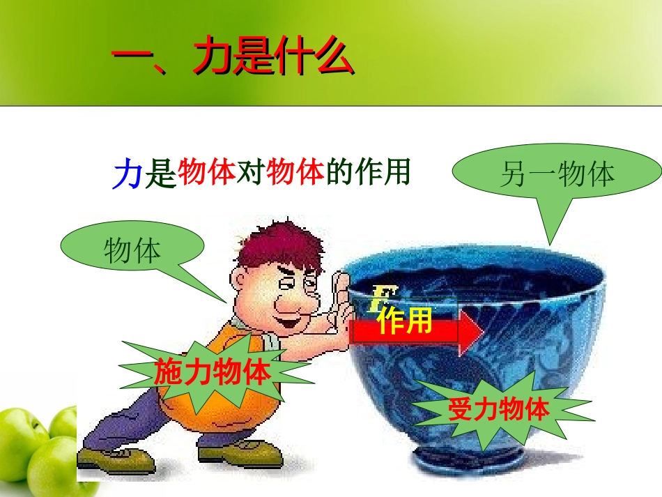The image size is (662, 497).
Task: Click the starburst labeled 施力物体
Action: click(x=213, y=372)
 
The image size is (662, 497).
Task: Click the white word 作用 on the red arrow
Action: click(x=405, y=321)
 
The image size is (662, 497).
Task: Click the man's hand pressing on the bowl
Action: click(x=341, y=300)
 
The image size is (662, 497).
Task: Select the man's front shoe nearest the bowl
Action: click(x=240, y=454)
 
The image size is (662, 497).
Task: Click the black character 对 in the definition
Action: click(x=250, y=173)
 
